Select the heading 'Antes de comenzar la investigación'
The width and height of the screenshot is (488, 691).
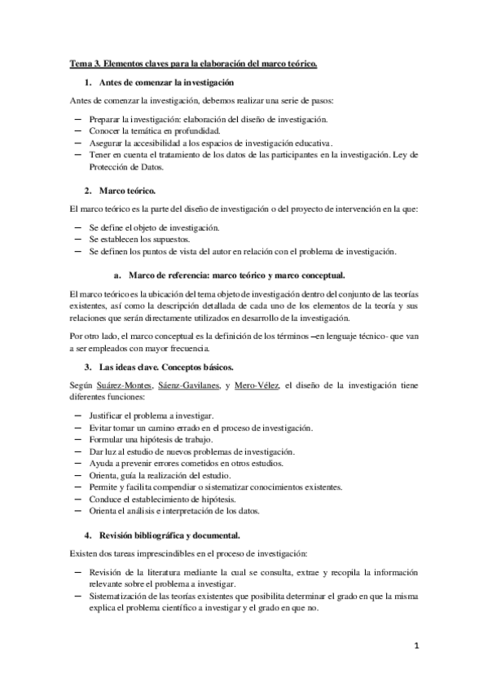[x=166, y=82]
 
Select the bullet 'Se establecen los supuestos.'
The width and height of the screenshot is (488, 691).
[x=147, y=240]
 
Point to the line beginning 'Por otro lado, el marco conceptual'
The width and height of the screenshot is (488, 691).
[x=244, y=335]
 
